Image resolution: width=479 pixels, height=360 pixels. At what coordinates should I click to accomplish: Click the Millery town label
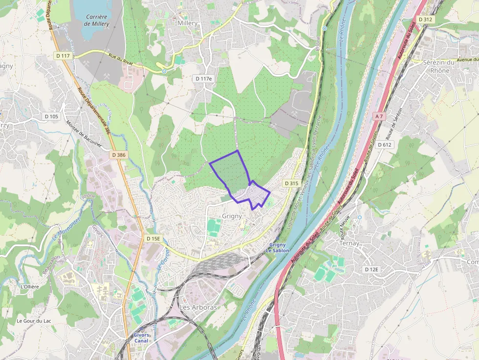pyautogui.click(x=188, y=23)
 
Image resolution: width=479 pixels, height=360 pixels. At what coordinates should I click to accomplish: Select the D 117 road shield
pyautogui.click(x=64, y=56)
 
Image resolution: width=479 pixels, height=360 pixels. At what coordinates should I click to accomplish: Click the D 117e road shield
pyautogui.click(x=204, y=79)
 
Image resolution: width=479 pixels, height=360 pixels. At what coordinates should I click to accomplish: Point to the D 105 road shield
pyautogui.click(x=51, y=116)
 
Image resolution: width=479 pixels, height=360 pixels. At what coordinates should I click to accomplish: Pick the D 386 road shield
pyautogui.click(x=118, y=155)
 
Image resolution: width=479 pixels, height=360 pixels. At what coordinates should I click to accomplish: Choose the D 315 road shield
pyautogui.click(x=291, y=183)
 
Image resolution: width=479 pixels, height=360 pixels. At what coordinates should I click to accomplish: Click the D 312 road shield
pyautogui.click(x=426, y=19)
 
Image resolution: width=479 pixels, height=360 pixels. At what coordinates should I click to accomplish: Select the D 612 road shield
pyautogui.click(x=385, y=145)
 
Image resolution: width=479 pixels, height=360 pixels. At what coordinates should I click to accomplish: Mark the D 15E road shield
pyautogui.click(x=153, y=238)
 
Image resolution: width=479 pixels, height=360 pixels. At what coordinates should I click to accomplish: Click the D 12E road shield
pyautogui.click(x=372, y=270)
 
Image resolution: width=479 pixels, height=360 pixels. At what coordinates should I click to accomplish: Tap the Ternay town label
pyautogui.click(x=349, y=243)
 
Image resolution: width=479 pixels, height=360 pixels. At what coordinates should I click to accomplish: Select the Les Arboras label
pyautogui.click(x=198, y=308)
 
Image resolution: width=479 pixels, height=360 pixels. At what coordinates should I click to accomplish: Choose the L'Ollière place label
pyautogui.click(x=29, y=286)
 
